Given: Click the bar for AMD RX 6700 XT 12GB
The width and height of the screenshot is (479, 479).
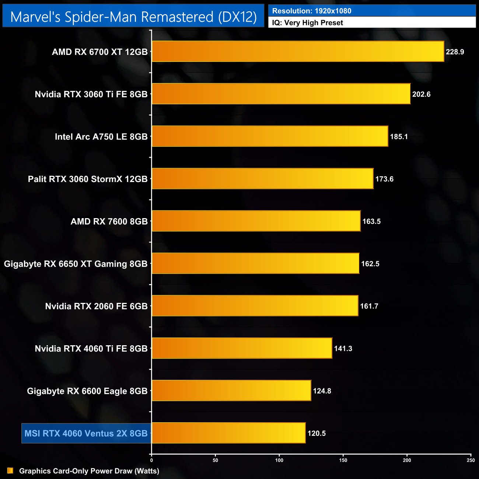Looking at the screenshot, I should point(298,52).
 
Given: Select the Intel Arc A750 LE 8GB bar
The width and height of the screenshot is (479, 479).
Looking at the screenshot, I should point(270,136).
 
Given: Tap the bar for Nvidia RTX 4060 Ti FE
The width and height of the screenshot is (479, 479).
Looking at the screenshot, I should point(242,348).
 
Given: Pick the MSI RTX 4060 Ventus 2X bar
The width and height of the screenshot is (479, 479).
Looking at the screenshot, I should point(228,433).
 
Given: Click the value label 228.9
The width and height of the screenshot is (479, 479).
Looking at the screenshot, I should point(455,52).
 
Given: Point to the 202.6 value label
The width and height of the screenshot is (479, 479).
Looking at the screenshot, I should point(421,94).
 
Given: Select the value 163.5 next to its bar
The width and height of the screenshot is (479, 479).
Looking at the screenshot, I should point(371,221).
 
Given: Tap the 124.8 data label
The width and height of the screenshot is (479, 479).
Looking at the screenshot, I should point(322,391).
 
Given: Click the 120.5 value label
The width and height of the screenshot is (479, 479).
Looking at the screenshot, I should point(317,433).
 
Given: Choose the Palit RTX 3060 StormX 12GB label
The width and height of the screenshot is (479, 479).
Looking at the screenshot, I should point(88,179).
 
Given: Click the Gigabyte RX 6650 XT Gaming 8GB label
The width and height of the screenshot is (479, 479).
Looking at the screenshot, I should point(76,264).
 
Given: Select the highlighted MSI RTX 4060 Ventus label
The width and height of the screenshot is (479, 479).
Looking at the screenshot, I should point(86,433).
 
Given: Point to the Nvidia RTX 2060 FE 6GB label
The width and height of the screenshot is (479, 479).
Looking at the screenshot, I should point(96,306).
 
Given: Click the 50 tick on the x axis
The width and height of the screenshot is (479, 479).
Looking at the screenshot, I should point(216,460).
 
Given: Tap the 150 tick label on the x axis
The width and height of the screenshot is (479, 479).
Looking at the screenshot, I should point(343,460).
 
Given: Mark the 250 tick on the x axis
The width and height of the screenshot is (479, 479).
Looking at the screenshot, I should point(471,460).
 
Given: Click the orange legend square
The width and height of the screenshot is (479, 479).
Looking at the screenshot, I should point(10,471).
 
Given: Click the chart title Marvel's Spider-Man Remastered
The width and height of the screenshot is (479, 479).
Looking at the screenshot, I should point(133,17).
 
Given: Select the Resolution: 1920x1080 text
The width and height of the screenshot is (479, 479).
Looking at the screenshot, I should point(312,11).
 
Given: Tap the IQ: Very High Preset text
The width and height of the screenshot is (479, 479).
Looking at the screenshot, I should point(308,23).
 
